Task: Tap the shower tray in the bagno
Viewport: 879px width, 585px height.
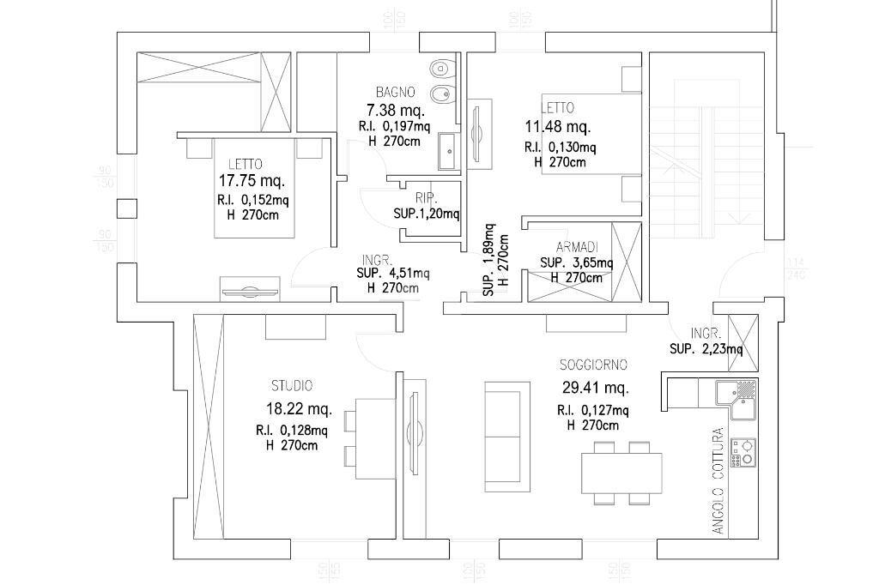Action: click(448, 152)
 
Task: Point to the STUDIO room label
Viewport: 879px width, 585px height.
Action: click(292, 386)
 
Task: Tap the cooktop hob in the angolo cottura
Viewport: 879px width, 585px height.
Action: click(743, 452)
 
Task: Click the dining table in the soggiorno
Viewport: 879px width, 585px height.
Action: click(621, 473)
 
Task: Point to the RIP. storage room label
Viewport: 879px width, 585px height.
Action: click(427, 197)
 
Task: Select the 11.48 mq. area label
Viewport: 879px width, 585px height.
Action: click(557, 128)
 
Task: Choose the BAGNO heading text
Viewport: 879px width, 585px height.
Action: click(396, 92)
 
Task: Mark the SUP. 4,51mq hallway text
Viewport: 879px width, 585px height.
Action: click(392, 274)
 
